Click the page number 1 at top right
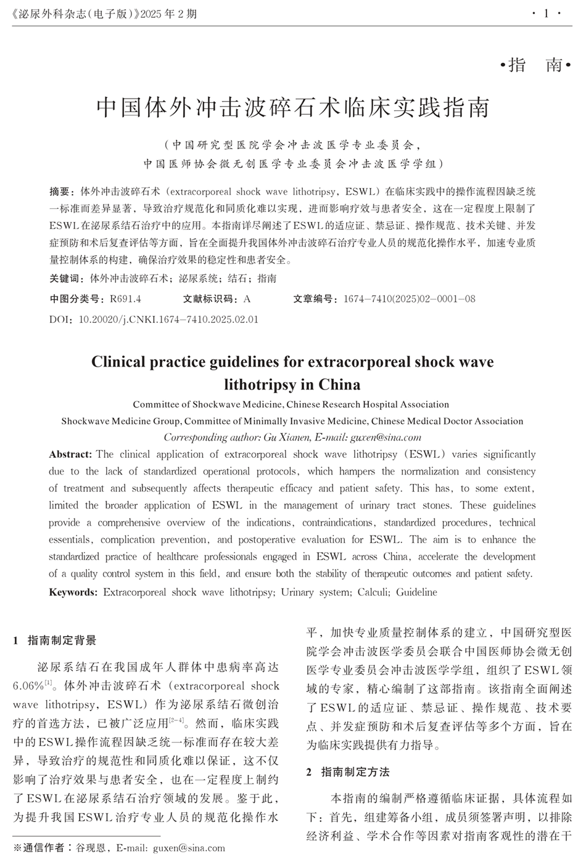(x=546, y=13)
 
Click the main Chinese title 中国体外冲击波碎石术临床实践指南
(x=293, y=107)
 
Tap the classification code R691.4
(x=126, y=299)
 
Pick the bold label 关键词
(x=67, y=279)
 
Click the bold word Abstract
(x=70, y=454)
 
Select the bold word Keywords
(x=73, y=592)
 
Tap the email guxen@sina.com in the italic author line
(x=386, y=438)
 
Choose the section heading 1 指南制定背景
(x=56, y=641)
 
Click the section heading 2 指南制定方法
(x=349, y=772)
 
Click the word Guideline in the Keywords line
(x=416, y=592)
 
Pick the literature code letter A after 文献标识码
(x=247, y=299)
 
